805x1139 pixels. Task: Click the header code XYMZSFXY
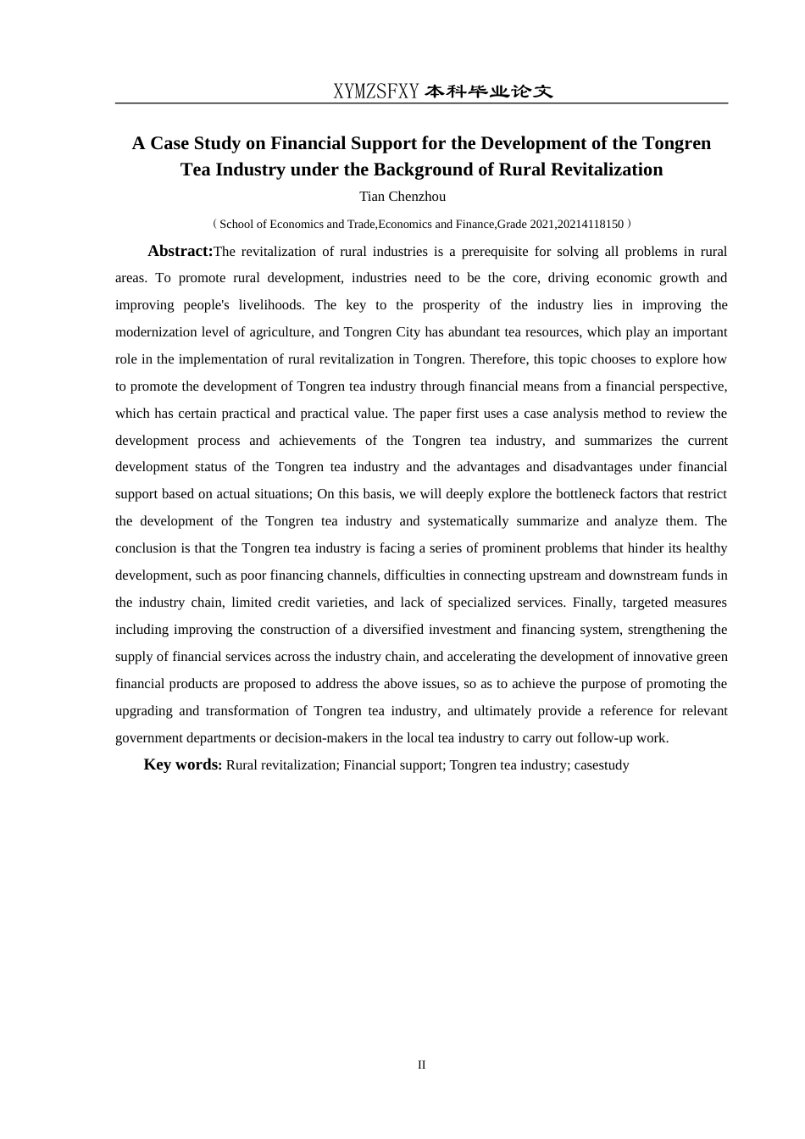pyautogui.click(x=375, y=92)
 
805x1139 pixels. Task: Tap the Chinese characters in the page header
pyautogui.click(x=488, y=92)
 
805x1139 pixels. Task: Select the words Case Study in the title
pyautogui.click(x=193, y=143)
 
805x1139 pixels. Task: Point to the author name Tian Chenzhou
pyautogui.click(x=402, y=197)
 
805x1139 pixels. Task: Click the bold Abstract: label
pyautogui.click(x=180, y=251)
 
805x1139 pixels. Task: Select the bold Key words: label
pyautogui.click(x=182, y=764)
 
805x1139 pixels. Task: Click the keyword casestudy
pyautogui.click(x=602, y=765)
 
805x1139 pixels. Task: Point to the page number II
pyautogui.click(x=421, y=1065)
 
